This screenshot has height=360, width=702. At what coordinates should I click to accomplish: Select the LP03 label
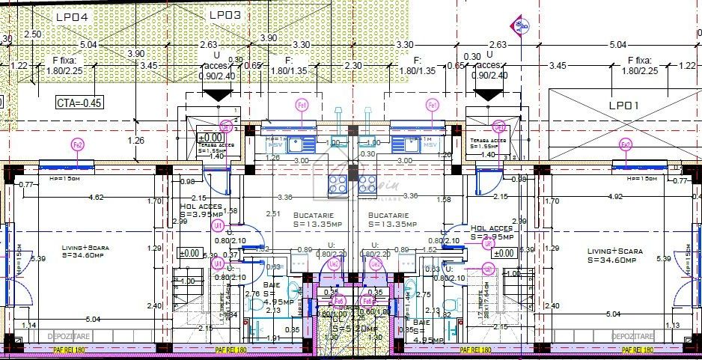(x=225, y=14)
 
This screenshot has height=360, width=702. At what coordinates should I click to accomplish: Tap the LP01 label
(x=623, y=106)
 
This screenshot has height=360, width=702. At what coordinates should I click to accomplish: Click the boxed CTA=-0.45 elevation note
(x=79, y=103)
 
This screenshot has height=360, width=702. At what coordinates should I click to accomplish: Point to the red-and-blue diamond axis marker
(x=519, y=25)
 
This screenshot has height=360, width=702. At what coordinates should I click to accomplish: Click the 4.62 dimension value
(x=96, y=198)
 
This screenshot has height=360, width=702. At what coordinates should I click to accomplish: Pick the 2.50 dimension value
(x=33, y=34)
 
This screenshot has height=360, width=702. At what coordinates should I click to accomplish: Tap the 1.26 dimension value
(x=136, y=139)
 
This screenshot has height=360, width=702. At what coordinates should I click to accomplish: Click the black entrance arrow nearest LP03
(x=216, y=95)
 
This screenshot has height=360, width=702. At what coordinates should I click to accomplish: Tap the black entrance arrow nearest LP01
(x=486, y=95)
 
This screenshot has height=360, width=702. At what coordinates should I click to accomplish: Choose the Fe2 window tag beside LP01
(x=626, y=144)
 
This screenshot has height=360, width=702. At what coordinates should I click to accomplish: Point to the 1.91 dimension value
(x=274, y=338)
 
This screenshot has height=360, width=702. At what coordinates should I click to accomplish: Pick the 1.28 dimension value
(x=273, y=158)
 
